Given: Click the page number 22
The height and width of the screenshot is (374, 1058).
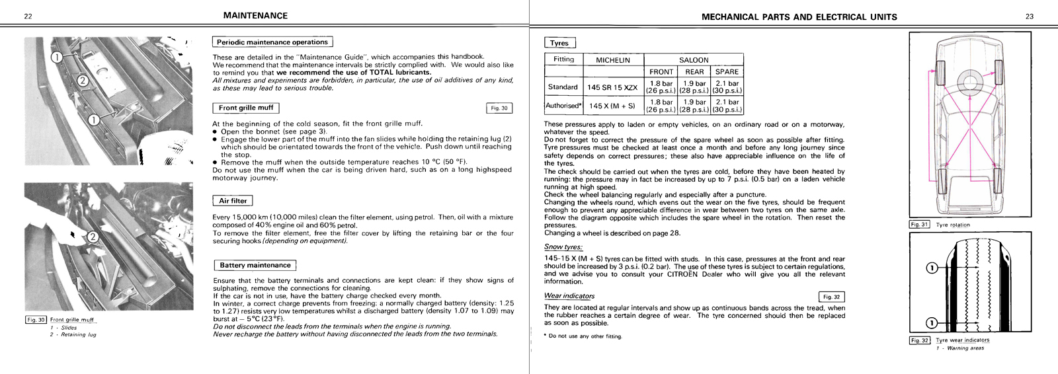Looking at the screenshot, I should (28, 17).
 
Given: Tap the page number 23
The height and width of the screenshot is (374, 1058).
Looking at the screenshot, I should (1030, 17).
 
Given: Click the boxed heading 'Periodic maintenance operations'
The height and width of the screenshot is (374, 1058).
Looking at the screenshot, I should (272, 42).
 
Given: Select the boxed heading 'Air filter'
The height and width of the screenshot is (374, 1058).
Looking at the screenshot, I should (233, 201).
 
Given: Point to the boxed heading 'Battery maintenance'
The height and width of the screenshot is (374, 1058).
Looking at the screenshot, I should (255, 266).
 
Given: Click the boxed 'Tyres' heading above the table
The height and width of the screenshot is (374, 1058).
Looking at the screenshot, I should (559, 43).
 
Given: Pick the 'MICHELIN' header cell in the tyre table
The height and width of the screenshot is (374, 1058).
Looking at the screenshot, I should (613, 60).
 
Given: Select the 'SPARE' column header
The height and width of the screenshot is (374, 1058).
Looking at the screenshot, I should (727, 72).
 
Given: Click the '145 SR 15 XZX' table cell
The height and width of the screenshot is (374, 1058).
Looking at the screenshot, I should (612, 87).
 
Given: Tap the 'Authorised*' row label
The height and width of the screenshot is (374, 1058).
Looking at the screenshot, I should (563, 106).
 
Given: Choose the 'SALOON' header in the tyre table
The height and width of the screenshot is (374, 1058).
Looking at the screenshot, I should (694, 60).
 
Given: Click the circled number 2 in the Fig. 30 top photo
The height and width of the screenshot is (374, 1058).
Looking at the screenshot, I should (83, 81).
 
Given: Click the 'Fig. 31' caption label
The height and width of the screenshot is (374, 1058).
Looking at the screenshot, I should (919, 225).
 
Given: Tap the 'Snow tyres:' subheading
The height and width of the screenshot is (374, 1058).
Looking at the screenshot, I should (563, 247).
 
